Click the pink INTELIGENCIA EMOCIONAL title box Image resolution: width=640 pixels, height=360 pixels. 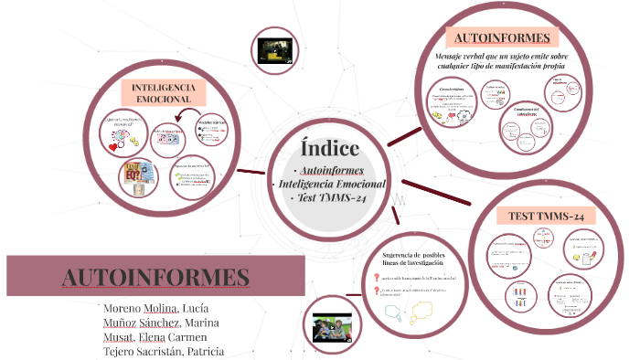(163, 91)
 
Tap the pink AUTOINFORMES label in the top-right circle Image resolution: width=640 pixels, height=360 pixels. (502, 38)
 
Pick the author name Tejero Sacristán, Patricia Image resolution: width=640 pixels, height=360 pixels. (165, 352)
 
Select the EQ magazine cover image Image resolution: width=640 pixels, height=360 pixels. (138, 177)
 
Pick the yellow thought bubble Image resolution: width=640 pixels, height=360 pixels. (420, 313)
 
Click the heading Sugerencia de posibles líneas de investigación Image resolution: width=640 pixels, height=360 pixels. (406, 259)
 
